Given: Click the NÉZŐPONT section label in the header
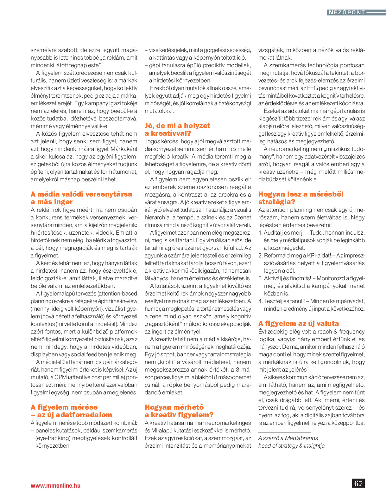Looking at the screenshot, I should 347,12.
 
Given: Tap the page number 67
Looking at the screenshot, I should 358,483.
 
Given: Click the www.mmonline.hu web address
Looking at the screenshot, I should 55,485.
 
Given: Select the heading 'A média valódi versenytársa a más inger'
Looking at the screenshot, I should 81,198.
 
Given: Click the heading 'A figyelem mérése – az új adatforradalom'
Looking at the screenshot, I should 71,411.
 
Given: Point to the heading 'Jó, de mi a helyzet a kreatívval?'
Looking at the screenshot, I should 177,129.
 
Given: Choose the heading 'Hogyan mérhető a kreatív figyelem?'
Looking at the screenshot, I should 179,411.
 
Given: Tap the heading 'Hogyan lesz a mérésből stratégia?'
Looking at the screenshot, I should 301,198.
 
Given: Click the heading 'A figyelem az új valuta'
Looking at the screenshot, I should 299,323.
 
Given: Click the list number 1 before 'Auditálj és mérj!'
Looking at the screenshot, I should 260,233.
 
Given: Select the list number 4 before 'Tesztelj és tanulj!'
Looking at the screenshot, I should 260,301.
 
